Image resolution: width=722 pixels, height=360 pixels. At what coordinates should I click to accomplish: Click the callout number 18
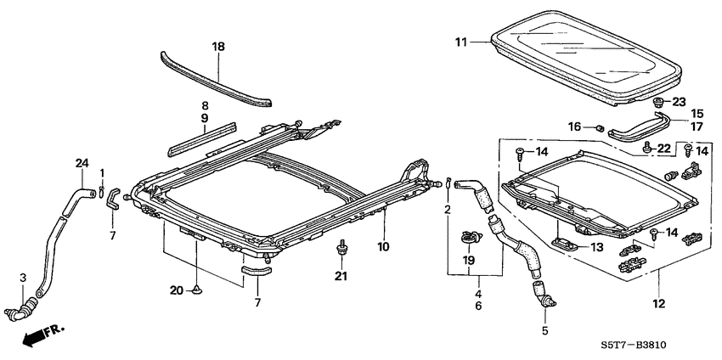(218, 47)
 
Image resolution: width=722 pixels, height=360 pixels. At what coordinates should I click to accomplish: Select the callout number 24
(82, 162)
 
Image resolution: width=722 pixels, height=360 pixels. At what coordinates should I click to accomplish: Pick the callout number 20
(176, 290)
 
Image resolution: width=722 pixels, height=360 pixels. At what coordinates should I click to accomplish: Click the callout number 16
(574, 127)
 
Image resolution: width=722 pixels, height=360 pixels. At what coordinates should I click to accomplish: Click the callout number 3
(24, 278)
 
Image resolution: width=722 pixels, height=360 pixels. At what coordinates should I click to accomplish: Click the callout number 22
(664, 148)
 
